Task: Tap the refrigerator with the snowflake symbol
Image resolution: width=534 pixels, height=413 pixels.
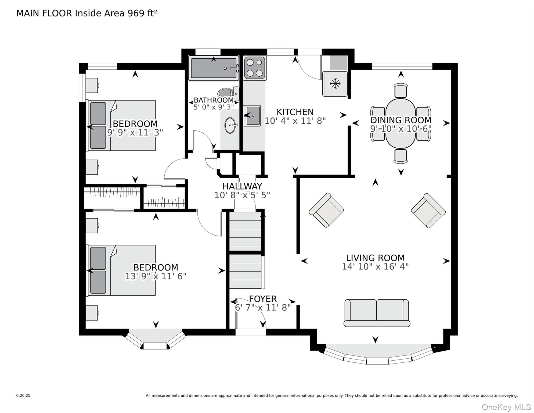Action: (x=335, y=84)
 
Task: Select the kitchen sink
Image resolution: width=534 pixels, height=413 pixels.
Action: (x=252, y=116)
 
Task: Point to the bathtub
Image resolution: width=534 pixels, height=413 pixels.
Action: (x=214, y=68)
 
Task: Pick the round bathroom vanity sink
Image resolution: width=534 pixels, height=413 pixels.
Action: (x=230, y=125)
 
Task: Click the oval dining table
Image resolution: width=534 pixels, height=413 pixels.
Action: (x=400, y=123)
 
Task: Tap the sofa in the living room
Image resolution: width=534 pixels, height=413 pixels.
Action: (x=377, y=313)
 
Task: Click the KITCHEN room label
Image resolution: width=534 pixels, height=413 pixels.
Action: (x=295, y=112)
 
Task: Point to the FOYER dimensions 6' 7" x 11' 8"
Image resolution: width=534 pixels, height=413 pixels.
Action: (x=263, y=307)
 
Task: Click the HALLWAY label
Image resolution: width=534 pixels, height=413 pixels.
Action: (x=242, y=186)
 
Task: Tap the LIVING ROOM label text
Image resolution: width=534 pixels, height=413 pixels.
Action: (x=375, y=258)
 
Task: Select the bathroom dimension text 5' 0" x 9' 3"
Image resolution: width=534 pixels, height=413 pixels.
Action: (x=214, y=107)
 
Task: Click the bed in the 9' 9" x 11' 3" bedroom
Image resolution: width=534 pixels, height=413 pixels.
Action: (x=121, y=125)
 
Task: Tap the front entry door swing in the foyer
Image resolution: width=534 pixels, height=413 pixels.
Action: (x=251, y=313)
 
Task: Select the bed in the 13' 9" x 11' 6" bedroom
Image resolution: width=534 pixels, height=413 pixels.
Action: (x=121, y=270)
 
